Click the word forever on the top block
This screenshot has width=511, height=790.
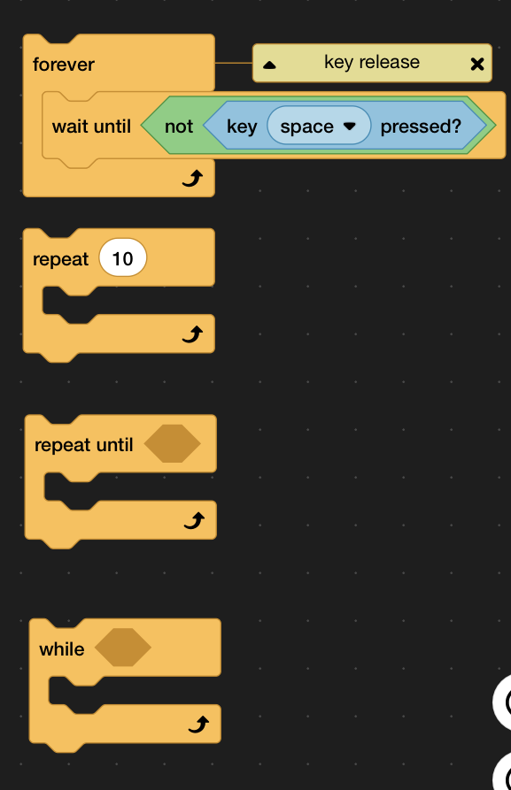tap(64, 65)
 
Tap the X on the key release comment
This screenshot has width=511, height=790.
tap(477, 64)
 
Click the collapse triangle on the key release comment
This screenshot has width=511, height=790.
tap(269, 65)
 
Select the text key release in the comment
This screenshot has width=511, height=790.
tap(372, 62)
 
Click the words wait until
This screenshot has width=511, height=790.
tap(91, 126)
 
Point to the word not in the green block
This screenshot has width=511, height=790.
tap(179, 127)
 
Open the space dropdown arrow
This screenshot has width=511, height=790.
tap(350, 126)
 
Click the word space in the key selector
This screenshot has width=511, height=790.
tap(306, 127)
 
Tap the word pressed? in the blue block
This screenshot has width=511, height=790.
tap(421, 127)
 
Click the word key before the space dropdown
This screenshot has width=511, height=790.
tap(242, 127)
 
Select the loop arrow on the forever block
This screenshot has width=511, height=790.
tap(193, 179)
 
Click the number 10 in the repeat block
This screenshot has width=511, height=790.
tap(122, 258)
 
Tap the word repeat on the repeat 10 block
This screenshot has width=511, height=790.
tap(60, 259)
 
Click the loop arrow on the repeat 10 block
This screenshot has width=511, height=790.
tap(193, 334)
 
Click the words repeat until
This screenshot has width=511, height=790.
tap(84, 445)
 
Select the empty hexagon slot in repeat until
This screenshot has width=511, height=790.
tap(172, 443)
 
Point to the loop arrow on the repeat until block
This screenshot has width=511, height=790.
tap(194, 520)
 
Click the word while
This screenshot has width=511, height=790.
tap(61, 649)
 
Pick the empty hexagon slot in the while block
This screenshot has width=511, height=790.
tap(122, 648)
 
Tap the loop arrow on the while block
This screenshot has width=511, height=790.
tap(198, 725)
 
